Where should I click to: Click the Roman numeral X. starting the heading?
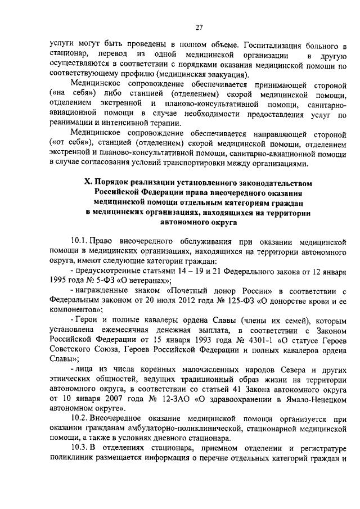point(88,183)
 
